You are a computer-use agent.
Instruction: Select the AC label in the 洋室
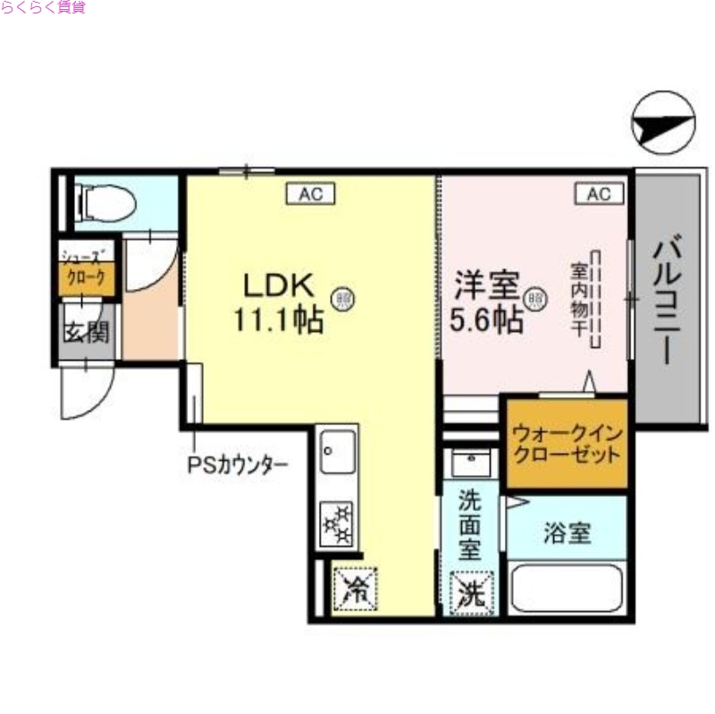click(x=598, y=192)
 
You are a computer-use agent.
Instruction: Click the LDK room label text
click(x=279, y=285)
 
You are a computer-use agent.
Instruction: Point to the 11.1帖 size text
click(x=279, y=320)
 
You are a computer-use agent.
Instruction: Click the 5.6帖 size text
click(x=486, y=320)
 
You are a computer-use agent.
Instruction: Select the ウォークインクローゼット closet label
click(x=566, y=443)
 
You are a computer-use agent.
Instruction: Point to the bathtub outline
click(x=566, y=588)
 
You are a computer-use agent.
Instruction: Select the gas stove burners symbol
click(x=338, y=524)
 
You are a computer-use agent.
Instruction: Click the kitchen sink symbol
click(x=338, y=452)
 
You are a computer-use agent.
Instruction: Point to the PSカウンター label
click(x=237, y=464)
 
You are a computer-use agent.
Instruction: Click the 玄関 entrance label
click(x=86, y=333)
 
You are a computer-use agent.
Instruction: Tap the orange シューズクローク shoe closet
click(x=88, y=277)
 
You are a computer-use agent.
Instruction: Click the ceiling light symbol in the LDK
click(x=341, y=298)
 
